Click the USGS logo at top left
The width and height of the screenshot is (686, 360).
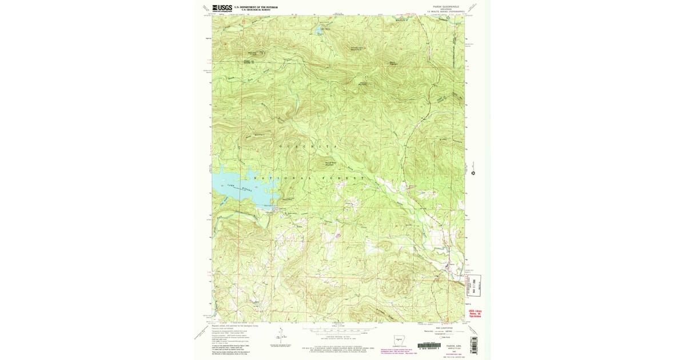tap(222, 8)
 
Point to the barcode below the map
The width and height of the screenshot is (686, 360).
tap(429, 345)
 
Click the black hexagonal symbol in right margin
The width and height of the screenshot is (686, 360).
tap(473, 172)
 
